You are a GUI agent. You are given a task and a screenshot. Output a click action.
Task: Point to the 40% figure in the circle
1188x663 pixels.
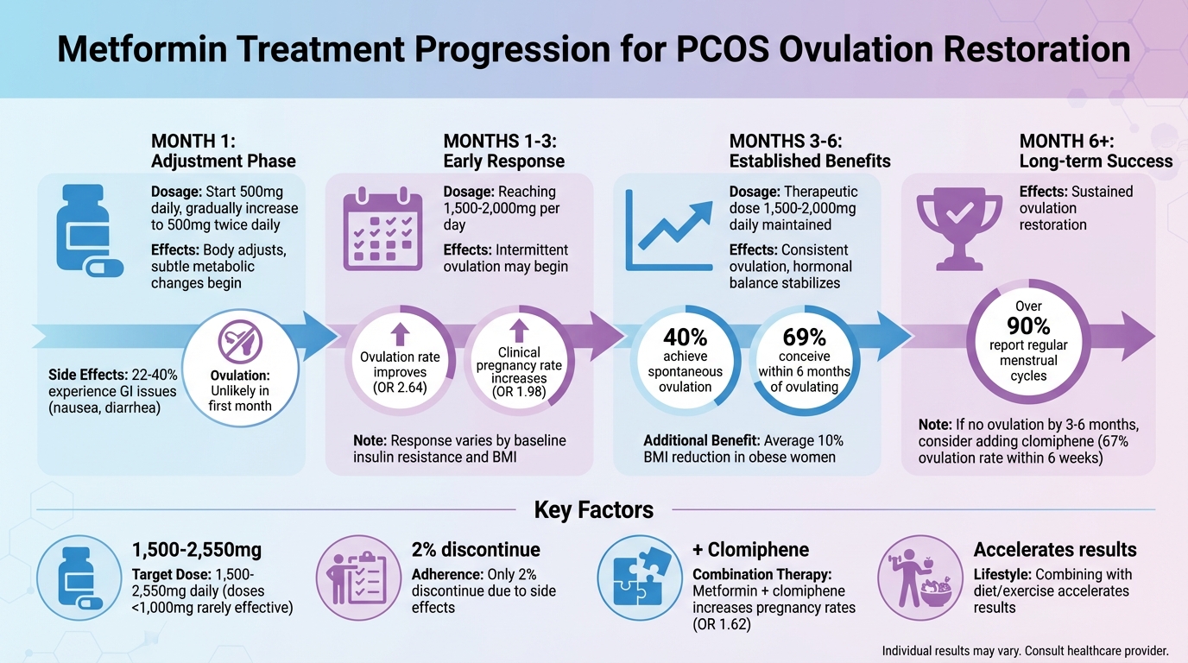(x=685, y=338)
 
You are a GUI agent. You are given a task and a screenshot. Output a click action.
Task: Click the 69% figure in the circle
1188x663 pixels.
(x=804, y=338)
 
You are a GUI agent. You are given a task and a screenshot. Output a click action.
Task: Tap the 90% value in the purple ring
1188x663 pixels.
(x=1028, y=325)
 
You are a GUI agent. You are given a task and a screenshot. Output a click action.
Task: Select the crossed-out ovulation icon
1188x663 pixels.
(x=239, y=344)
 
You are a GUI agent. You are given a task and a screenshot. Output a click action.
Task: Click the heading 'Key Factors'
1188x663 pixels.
(x=593, y=509)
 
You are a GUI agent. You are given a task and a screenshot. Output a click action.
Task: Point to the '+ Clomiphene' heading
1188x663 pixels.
(x=750, y=550)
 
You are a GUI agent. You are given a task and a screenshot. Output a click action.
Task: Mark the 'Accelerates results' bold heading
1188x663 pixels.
(x=1054, y=550)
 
